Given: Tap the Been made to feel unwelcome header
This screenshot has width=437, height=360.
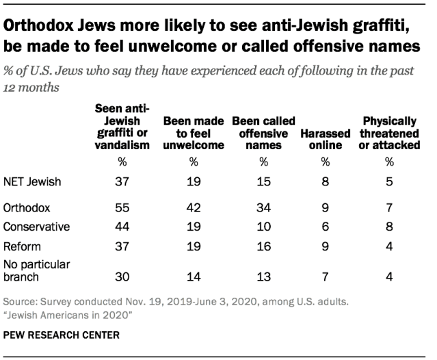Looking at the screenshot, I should pos(194,133).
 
